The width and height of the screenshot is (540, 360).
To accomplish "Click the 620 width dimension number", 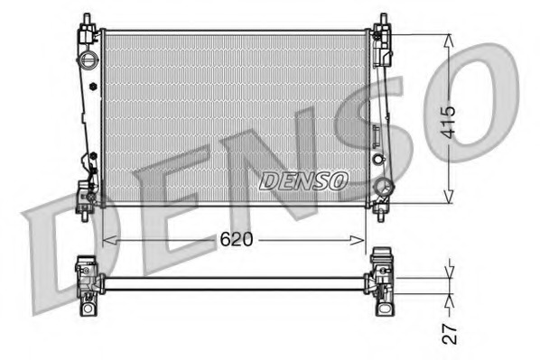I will (236, 240).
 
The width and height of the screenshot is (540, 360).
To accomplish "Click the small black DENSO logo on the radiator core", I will (303, 180).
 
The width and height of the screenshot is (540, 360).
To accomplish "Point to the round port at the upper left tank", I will (88, 60).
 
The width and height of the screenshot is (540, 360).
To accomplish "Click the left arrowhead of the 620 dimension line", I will (107, 240).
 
